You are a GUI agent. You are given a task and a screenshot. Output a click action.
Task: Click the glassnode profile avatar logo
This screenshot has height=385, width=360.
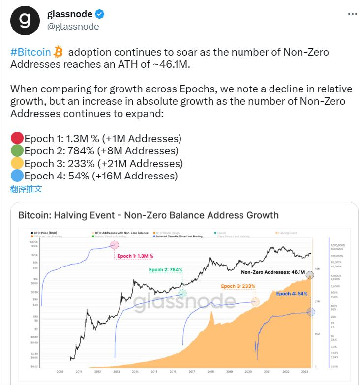click(25, 20)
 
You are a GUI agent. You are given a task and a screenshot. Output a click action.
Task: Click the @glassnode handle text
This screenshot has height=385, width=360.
click(73, 26)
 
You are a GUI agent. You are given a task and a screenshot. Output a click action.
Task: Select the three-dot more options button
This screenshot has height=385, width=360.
click(352, 14)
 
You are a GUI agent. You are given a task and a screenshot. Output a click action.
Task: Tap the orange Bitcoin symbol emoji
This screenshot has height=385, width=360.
click(60, 52)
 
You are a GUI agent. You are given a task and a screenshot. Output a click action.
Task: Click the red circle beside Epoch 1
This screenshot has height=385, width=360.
click(17, 139)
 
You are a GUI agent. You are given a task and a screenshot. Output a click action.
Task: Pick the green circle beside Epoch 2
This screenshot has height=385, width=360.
click(17, 151)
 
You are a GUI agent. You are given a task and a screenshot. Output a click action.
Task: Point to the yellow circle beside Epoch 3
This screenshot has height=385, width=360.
click(17, 164)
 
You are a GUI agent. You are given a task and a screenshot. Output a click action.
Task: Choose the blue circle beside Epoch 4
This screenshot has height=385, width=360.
click(17, 176)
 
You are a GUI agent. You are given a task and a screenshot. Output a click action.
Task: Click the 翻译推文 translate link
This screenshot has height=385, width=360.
click(27, 188)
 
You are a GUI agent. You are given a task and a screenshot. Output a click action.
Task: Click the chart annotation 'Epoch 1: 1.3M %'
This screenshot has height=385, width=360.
click(135, 256)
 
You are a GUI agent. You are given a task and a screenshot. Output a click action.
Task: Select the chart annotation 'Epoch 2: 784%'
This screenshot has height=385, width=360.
click(166, 270)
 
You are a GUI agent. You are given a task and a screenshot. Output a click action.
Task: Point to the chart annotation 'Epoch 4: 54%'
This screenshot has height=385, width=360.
click(292, 294)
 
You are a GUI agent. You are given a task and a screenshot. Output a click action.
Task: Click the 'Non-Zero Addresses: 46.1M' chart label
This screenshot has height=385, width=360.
click(273, 272)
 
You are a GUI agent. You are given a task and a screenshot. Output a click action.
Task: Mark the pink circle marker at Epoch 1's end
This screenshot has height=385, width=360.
click(114, 245)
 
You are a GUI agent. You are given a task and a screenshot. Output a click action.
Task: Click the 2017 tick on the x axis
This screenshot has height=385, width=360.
click(191, 371)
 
